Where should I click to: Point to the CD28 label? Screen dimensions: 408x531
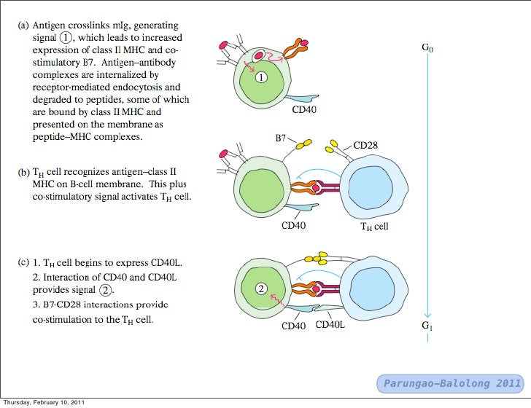coord(365,145)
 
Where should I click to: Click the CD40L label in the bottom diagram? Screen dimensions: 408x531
coord(330,325)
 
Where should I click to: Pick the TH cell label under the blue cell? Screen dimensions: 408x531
coord(375,226)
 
